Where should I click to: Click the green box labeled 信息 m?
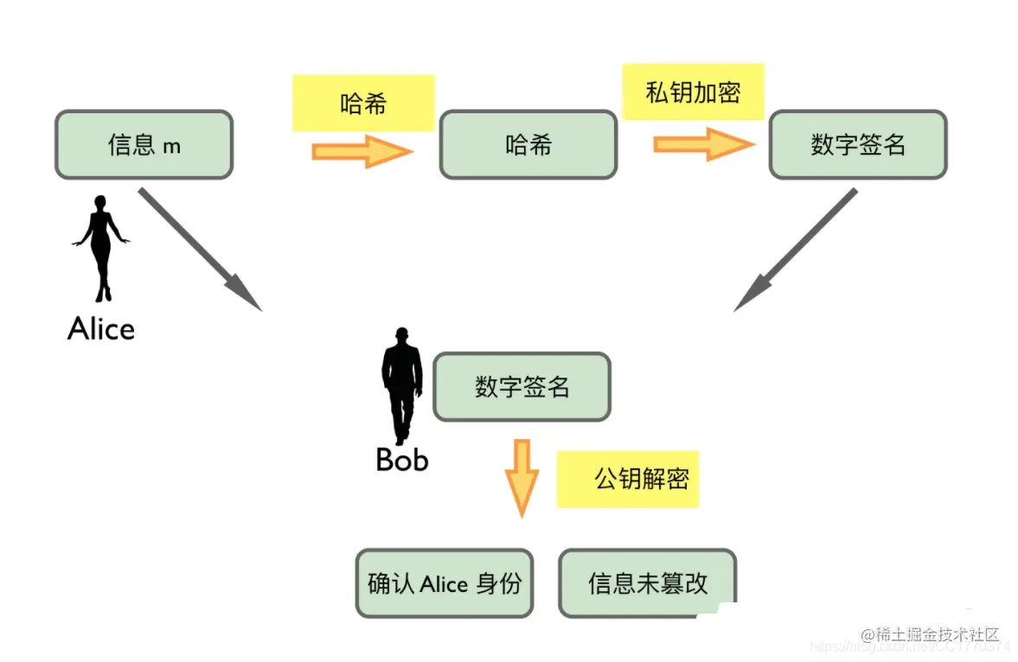pos(144,144)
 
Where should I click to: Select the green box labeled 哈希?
pos(528,144)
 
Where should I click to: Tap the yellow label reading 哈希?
pos(363,104)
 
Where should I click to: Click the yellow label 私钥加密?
pos(693,92)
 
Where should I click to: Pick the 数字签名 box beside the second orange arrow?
pos(858,144)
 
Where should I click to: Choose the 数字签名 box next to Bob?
pos(522,386)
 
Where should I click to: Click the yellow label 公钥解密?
pos(629,479)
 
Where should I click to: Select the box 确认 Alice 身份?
pos(445,583)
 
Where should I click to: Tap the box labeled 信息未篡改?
pos(647,583)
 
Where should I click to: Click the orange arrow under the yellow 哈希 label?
pos(363,151)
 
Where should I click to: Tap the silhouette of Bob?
pos(402,385)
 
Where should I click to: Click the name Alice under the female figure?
pos(101,329)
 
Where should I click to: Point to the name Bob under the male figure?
pos(402,460)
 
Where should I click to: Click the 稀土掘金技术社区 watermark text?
pos(931,635)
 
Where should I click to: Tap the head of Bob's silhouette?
pos(401,335)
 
